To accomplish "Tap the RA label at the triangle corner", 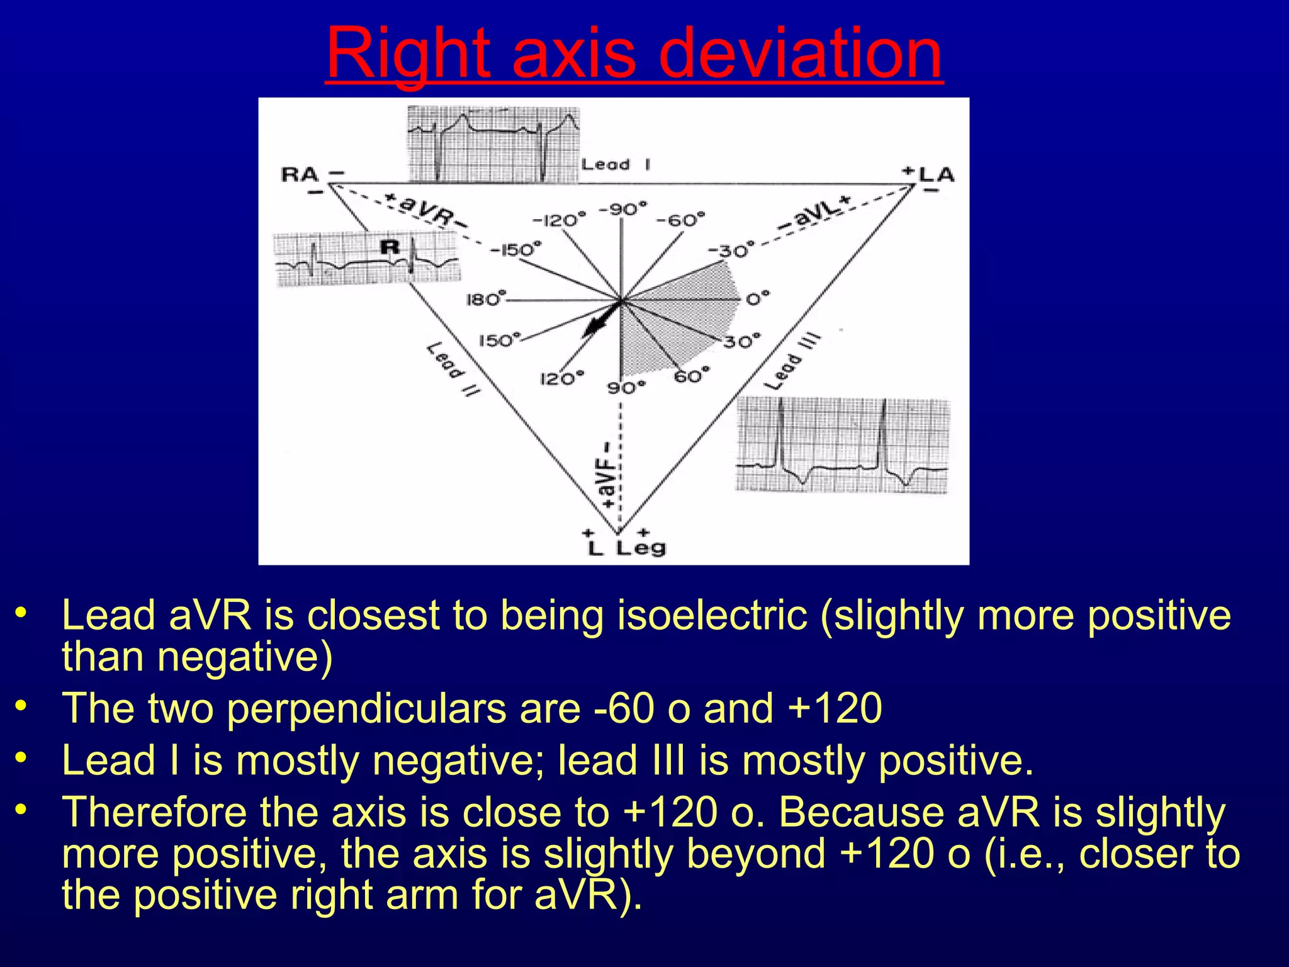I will tap(300, 174).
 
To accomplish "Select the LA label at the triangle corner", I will tap(937, 174).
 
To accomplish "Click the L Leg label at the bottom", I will tap(627, 548).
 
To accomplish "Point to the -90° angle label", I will tap(622, 208).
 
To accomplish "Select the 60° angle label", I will tap(691, 376).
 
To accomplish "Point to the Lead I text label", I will tap(615, 165).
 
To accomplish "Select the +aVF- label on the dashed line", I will tap(607, 475).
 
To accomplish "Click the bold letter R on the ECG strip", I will tap(390, 247).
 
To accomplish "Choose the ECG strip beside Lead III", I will tap(842, 445).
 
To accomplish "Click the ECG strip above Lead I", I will tap(493, 145).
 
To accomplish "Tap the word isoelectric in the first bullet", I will tap(712, 615).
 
